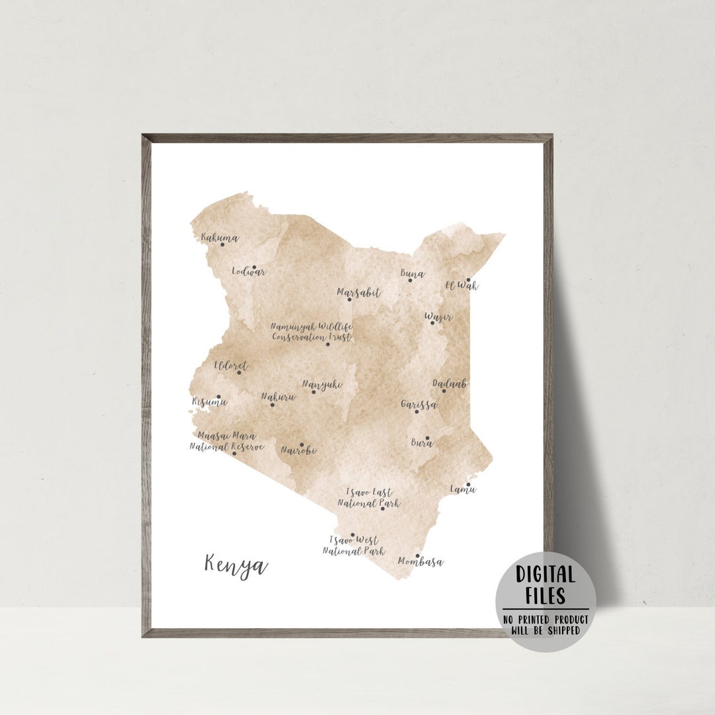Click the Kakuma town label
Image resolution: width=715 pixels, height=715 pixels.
click(x=219, y=237)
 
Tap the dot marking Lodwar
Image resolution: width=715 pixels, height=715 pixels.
click(x=254, y=267)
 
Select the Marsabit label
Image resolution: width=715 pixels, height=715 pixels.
click(x=358, y=292)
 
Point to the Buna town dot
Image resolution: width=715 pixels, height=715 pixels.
click(x=410, y=280)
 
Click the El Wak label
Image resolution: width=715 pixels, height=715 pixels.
click(x=461, y=286)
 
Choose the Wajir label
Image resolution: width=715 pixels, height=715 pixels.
click(x=438, y=318)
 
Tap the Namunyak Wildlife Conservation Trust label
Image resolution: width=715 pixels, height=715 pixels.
click(x=312, y=331)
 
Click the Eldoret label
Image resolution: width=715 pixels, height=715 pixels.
click(x=230, y=365)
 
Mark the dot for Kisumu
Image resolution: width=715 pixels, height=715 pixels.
click(x=218, y=397)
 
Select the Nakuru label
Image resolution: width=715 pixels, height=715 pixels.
click(x=277, y=397)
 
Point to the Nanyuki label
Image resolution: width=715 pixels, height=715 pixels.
click(x=322, y=383)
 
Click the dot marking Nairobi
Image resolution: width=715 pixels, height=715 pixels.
click(x=302, y=445)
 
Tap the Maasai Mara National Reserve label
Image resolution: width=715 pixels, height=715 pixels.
click(x=226, y=441)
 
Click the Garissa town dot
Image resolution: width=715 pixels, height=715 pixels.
click(x=416, y=412)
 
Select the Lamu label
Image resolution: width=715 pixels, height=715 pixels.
click(x=463, y=489)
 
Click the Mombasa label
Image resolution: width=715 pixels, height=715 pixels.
click(x=420, y=562)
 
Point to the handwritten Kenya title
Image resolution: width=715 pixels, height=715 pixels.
click(x=236, y=565)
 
